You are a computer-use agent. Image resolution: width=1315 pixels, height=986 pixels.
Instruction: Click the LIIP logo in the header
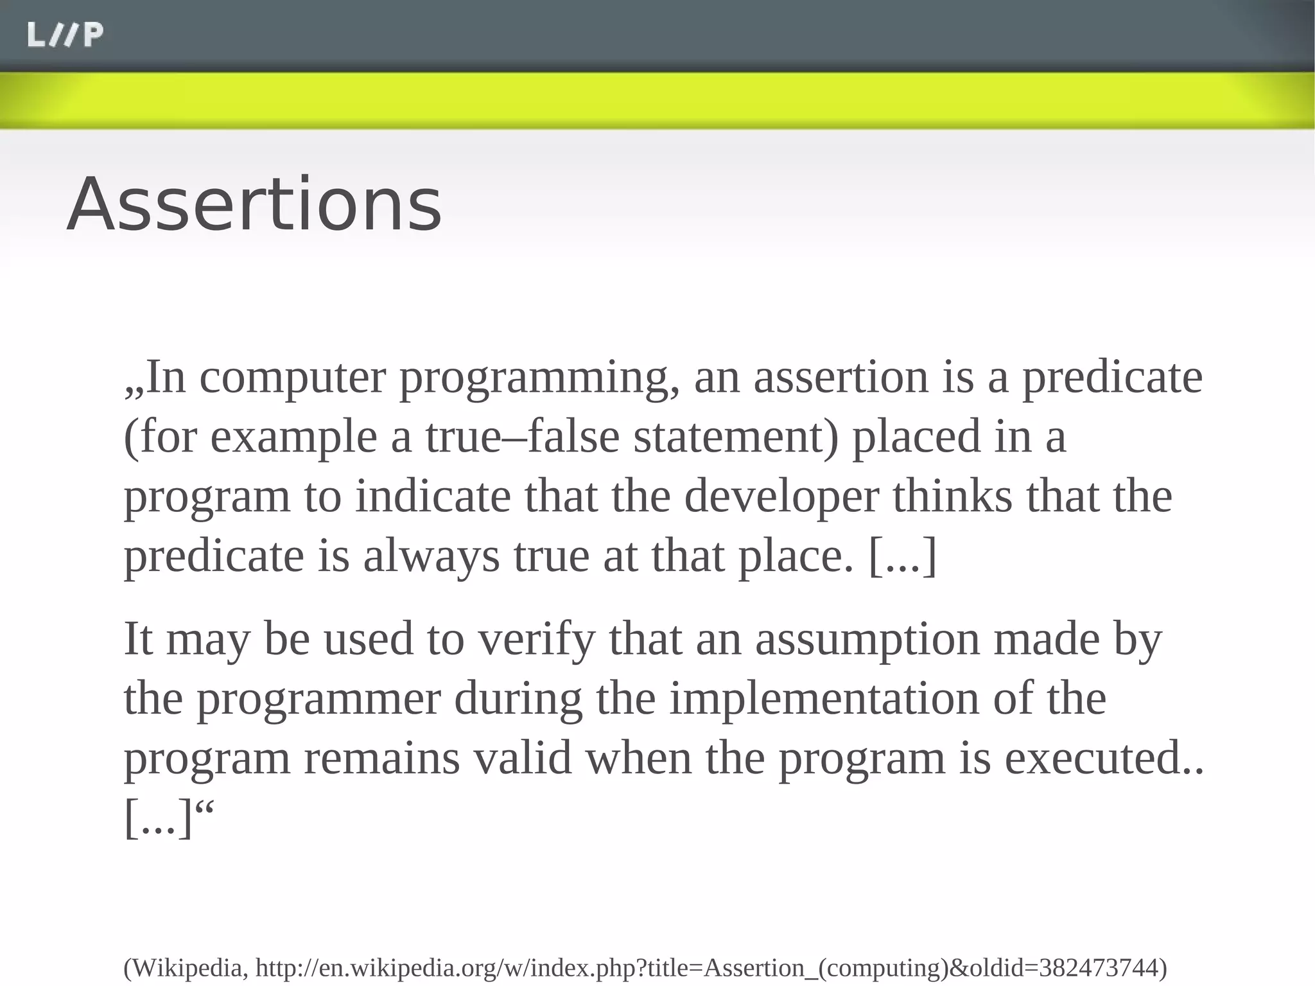pos(65,35)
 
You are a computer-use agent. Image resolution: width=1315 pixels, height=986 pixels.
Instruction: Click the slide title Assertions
pos(254,204)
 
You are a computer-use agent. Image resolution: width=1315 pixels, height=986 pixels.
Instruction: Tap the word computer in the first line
pos(293,378)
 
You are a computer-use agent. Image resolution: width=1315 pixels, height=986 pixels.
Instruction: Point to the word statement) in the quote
pos(736,437)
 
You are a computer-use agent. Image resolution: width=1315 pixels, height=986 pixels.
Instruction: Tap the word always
pos(431,557)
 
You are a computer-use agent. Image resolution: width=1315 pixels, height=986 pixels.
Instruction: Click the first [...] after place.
pos(902,556)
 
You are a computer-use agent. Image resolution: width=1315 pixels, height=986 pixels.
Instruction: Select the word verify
pos(537,640)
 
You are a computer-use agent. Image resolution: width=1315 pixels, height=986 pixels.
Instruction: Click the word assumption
pos(867,640)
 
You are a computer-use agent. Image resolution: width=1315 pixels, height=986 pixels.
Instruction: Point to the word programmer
pos(318,700)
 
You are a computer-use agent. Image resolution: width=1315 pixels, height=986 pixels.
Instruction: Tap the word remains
pos(381,758)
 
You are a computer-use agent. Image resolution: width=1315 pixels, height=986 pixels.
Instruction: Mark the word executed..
pos(1097,758)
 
